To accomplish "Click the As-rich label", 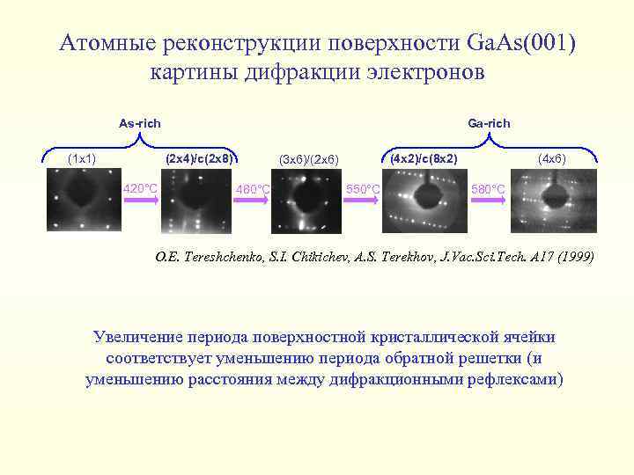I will [x=139, y=123].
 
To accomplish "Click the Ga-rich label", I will [x=489, y=123].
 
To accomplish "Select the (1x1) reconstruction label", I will [x=82, y=158].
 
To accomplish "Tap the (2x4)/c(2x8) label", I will [x=200, y=158].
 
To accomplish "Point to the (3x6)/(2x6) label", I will [x=307, y=159].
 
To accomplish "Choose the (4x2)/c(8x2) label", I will [x=424, y=158].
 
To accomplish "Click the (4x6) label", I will [x=552, y=158].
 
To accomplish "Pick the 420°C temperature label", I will [x=140, y=188].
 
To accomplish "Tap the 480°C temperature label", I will [x=253, y=189].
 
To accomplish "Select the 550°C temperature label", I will [x=363, y=189].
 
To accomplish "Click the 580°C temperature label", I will [x=489, y=189].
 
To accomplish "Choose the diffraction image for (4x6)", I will [x=547, y=201].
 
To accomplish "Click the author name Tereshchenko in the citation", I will [x=217, y=258].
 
